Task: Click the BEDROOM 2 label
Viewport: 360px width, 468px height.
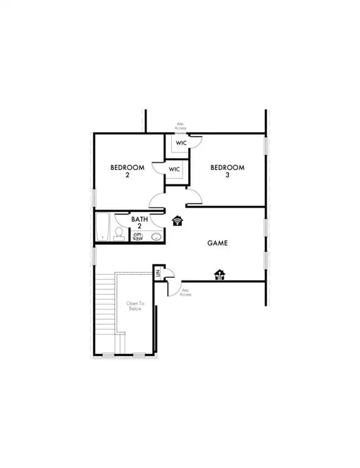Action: (127, 171)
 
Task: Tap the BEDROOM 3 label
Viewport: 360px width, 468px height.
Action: (227, 171)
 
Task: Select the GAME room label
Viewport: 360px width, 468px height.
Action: (217, 243)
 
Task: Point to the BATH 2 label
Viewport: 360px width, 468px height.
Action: (139, 222)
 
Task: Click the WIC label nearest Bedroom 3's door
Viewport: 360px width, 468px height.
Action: (181, 143)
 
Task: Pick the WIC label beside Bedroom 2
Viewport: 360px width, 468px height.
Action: (174, 169)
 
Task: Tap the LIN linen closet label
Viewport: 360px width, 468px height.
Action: (157, 274)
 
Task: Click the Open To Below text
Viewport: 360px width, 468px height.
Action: (134, 305)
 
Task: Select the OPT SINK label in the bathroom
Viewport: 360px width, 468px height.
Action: (138, 235)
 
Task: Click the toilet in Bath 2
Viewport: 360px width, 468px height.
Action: (118, 233)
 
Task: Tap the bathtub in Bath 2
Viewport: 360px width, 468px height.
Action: (102, 226)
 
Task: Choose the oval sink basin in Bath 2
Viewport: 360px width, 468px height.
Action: (157, 236)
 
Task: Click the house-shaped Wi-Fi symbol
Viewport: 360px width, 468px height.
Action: (178, 220)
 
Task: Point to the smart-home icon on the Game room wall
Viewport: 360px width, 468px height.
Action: (219, 275)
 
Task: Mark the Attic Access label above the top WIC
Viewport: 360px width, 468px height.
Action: (180, 126)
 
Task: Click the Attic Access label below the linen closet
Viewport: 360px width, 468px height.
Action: (186, 292)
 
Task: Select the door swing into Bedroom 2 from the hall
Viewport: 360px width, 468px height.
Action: (157, 199)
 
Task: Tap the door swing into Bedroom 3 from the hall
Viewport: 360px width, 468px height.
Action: (194, 196)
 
